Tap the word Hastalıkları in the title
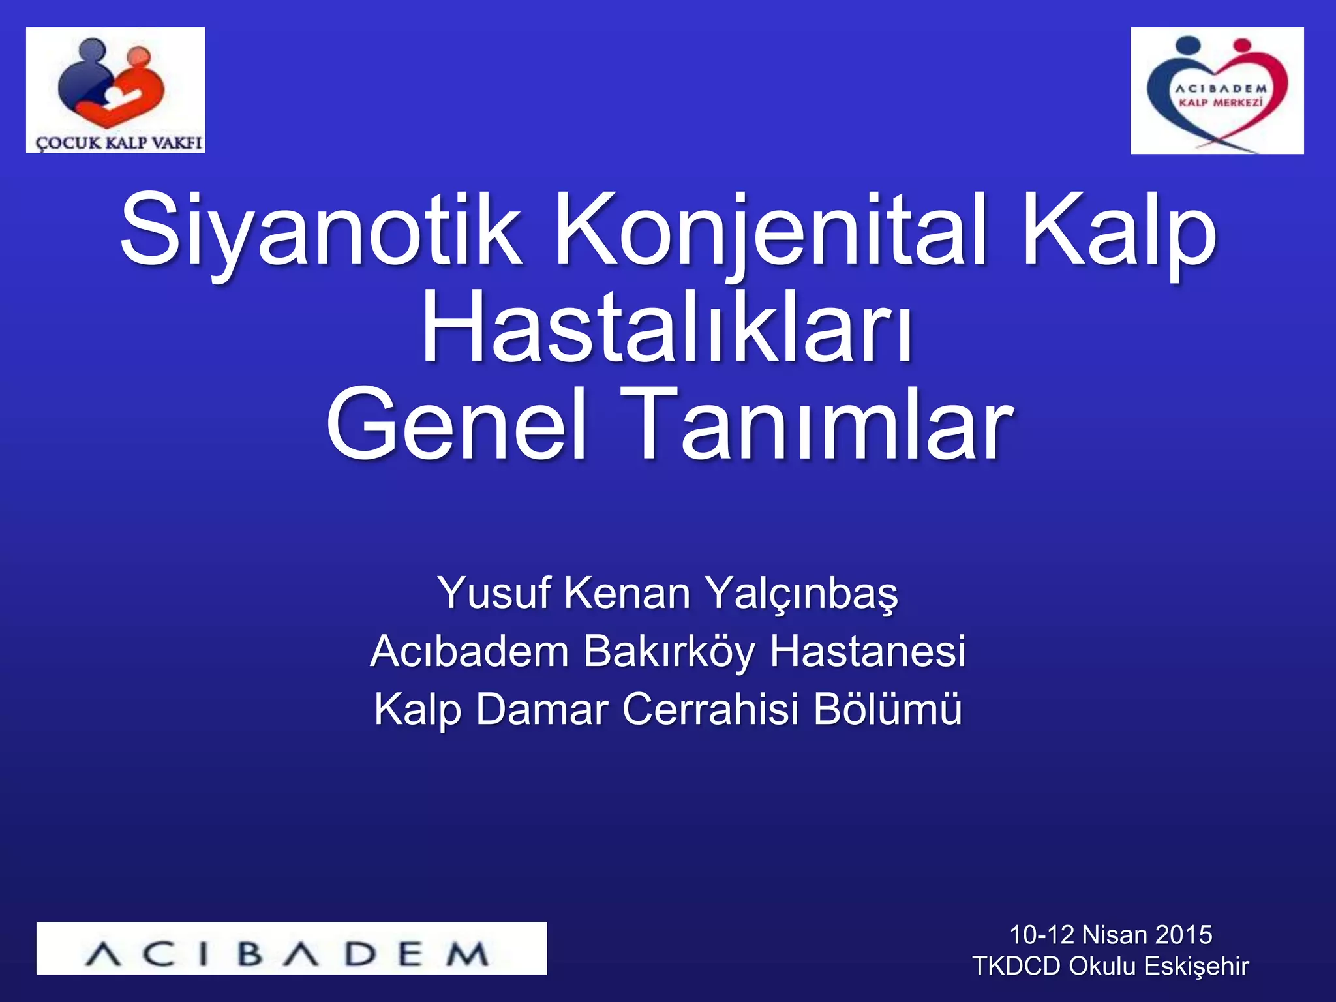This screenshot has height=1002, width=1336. click(667, 327)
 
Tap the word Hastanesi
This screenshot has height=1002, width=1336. click(868, 651)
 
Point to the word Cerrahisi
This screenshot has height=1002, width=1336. click(711, 709)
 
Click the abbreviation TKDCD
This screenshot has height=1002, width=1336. click(1016, 966)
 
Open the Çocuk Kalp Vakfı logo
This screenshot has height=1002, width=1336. click(115, 90)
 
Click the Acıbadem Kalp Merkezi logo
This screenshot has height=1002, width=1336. click(1217, 91)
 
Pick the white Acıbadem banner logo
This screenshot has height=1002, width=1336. click(292, 948)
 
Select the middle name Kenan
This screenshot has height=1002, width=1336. click(627, 594)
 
